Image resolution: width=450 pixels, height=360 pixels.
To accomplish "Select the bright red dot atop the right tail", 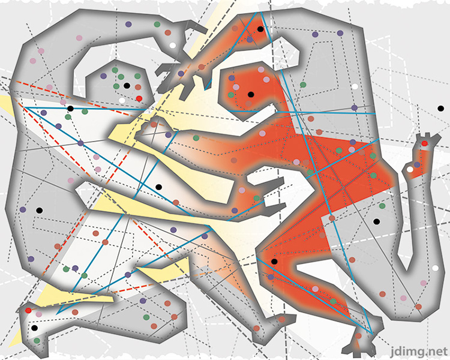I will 424,143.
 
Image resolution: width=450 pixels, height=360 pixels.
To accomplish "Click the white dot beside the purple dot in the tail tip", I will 410,169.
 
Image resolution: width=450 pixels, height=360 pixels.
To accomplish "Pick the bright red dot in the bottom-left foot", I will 28,310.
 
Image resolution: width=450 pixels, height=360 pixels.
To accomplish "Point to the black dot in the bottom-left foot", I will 34,328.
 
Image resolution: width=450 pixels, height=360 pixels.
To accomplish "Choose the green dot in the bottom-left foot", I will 37,340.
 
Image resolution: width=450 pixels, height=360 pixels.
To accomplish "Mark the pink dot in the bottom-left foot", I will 40,314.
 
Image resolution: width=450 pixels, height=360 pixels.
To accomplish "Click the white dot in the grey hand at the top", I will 173,45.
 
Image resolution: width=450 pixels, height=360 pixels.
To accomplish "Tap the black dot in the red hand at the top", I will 260,29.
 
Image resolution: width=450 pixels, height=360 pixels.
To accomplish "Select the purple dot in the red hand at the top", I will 250,40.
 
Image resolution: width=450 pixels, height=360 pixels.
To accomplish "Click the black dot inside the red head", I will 250,94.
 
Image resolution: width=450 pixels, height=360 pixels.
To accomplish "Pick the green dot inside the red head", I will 231,95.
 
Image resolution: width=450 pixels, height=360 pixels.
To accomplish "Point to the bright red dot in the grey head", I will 139,98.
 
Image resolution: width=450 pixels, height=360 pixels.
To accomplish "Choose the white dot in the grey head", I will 122,100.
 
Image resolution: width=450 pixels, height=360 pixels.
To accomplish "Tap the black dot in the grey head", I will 127,86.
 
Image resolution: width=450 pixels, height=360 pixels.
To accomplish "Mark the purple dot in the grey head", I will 104,77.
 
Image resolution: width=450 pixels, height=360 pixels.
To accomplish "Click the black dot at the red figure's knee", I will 274,262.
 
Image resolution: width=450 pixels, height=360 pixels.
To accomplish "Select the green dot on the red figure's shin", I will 333,301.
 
